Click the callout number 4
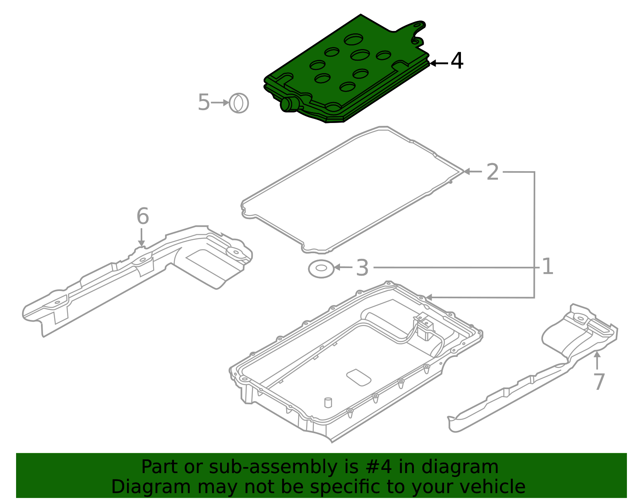click(x=457, y=61)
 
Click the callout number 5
click(x=204, y=102)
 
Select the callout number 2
click(x=492, y=172)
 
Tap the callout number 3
click(x=362, y=268)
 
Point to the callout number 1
click(x=547, y=266)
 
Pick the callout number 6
click(x=143, y=216)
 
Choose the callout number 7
click(x=599, y=381)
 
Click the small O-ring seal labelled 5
click(x=239, y=103)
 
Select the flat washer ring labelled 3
click(x=321, y=268)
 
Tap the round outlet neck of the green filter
click(x=287, y=104)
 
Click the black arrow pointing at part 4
click(x=438, y=63)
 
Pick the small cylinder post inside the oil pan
click(x=328, y=402)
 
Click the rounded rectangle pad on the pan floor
click(x=358, y=377)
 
